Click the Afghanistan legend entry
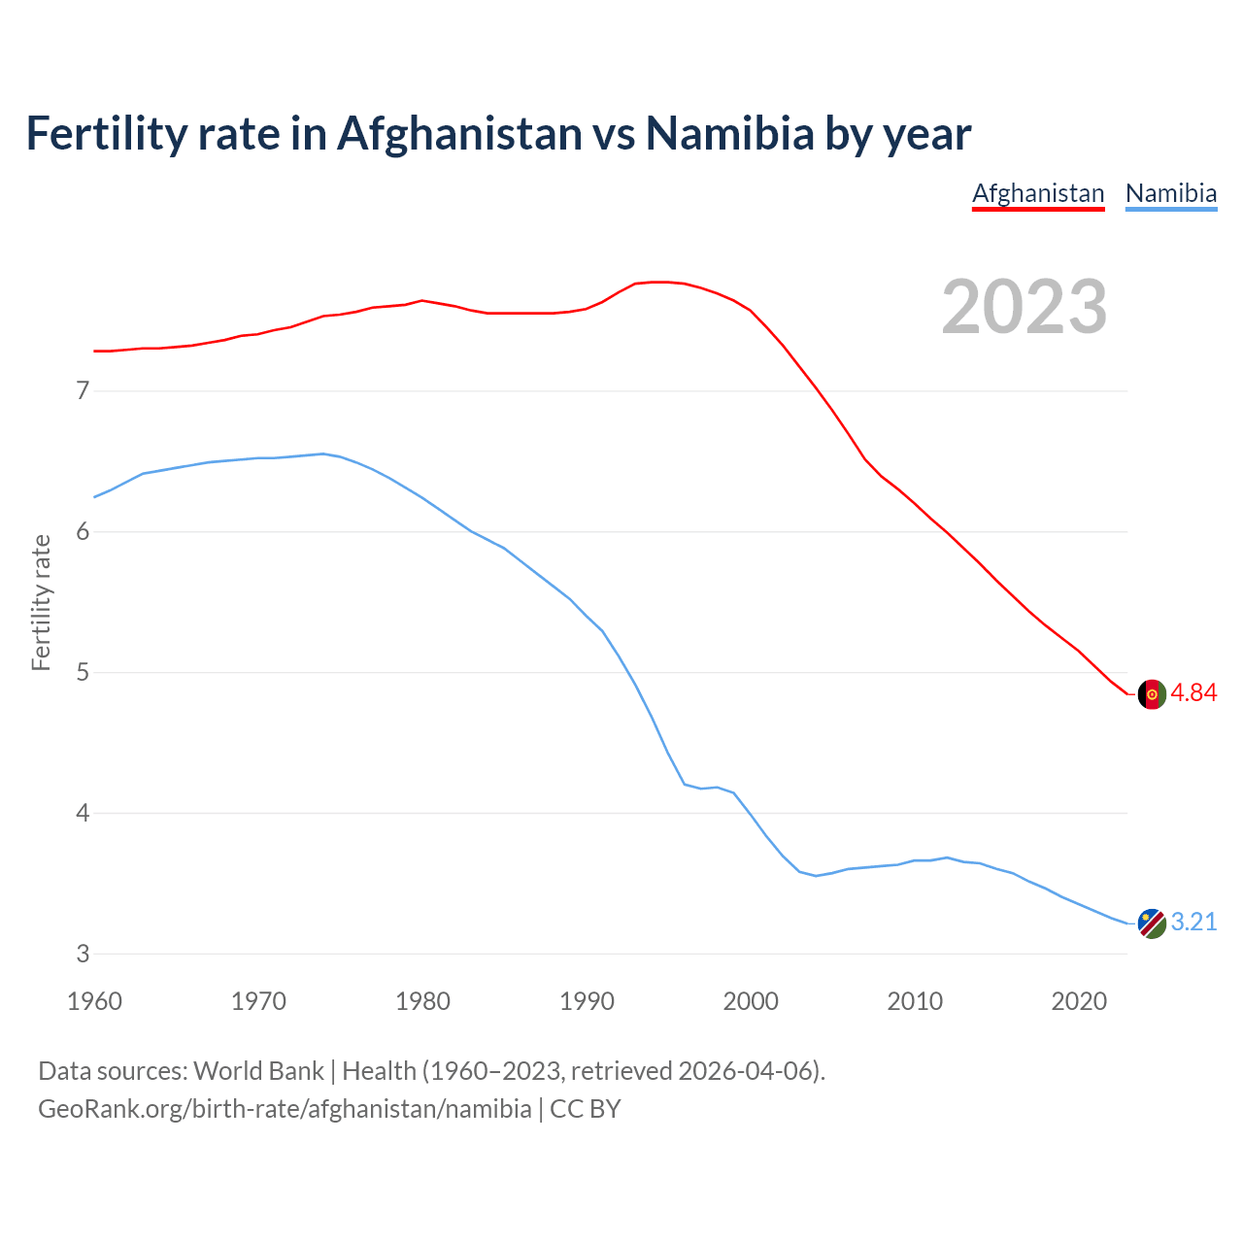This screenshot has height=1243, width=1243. (x=1038, y=193)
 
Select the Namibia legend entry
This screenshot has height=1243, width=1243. (x=1171, y=193)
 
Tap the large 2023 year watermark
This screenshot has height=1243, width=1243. (x=1025, y=307)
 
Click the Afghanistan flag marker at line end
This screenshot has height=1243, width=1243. (x=1152, y=694)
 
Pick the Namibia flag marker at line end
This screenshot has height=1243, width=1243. (x=1152, y=924)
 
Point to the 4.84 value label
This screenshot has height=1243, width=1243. (x=1193, y=693)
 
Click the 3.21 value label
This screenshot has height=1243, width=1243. (x=1193, y=923)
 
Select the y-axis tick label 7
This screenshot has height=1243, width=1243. (x=83, y=391)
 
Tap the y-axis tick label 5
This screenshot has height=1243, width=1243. (x=83, y=672)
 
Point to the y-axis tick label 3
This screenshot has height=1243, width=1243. (x=83, y=954)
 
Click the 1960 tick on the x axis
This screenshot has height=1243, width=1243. (x=94, y=1001)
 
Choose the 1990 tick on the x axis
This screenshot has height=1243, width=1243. (x=587, y=1001)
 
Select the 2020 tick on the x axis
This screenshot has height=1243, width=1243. (x=1079, y=1001)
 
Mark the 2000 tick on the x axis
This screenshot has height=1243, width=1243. (x=751, y=1001)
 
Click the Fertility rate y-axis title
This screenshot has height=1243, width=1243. (x=41, y=602)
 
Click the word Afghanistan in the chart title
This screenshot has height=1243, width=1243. (x=459, y=134)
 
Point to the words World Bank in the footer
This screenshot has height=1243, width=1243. (x=258, y=1071)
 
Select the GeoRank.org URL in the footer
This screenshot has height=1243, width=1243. (x=285, y=1109)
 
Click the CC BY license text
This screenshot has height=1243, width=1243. (x=586, y=1109)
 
